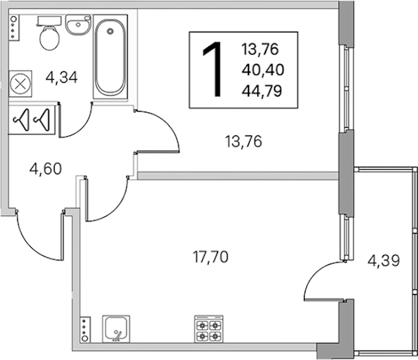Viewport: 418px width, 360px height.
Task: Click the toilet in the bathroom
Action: point(50,34)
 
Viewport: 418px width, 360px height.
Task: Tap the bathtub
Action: point(111,57)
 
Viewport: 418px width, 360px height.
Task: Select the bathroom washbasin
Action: point(78,25)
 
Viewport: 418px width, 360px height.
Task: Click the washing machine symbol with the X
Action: point(20,84)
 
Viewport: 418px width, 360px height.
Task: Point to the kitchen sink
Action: point(116,329)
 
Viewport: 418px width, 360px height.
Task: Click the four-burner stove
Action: point(209,329)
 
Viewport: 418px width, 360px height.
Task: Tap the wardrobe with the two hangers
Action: point(32,120)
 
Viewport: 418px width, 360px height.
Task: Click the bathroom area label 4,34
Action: point(62,78)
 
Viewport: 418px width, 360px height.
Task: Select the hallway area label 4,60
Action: point(46,169)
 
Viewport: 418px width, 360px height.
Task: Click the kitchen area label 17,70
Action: point(210,257)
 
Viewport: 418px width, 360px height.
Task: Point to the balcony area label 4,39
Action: point(384,260)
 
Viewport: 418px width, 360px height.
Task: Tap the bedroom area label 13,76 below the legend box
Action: point(244,142)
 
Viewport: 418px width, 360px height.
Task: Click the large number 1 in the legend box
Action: point(213,69)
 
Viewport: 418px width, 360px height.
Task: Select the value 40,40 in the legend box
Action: point(263,70)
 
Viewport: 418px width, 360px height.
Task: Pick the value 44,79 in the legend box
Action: point(262,91)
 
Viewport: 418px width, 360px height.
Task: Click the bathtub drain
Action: point(110,31)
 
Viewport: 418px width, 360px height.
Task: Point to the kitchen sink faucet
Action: point(117,336)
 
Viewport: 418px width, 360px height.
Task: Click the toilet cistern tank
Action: point(50,21)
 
